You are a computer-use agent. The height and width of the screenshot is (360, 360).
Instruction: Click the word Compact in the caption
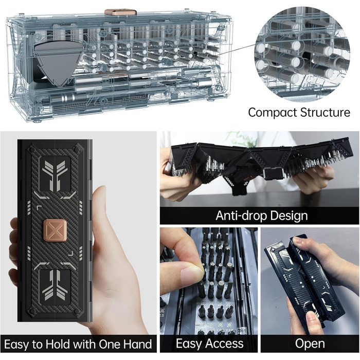click(272, 113)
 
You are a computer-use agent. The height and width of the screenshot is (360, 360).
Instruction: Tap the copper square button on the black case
click(55, 230)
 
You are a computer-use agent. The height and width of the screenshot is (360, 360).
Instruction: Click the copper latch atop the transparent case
click(120, 12)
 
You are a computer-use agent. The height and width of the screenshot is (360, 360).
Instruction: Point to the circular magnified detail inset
click(302, 54)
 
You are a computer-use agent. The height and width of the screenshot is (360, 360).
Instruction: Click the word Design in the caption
click(289, 216)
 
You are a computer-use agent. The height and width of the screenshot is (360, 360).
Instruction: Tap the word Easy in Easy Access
click(188, 344)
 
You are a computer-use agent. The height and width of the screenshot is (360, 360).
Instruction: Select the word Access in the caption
click(224, 344)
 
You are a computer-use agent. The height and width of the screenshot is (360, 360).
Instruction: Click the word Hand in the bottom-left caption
click(137, 345)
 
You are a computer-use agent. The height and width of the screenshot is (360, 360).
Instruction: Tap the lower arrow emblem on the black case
click(55, 285)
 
